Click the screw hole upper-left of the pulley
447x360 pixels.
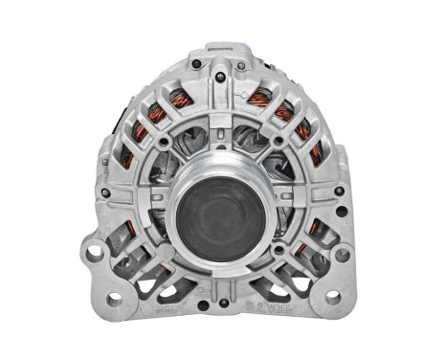point(166,143)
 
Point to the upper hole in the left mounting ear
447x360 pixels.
point(94,254)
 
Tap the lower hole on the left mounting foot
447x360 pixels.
point(114,297)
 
